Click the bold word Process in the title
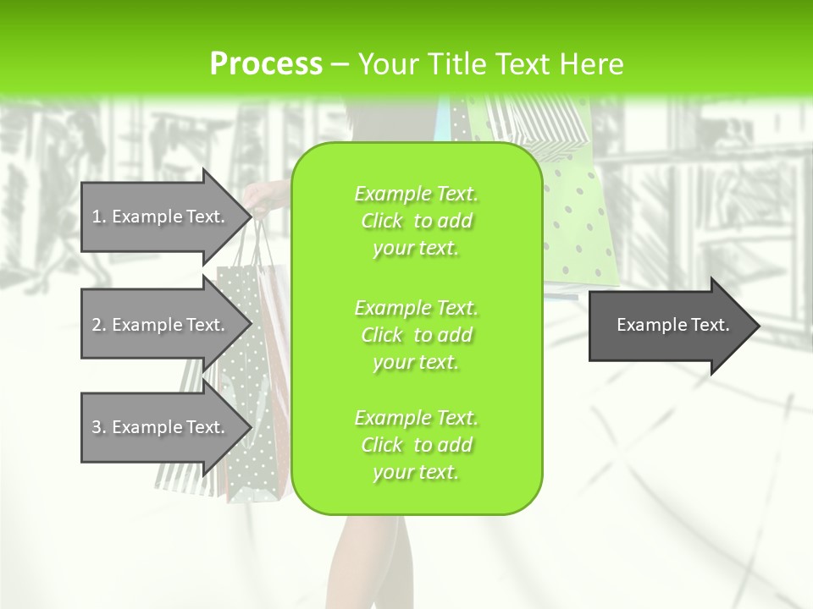(266, 63)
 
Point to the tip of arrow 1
(250, 217)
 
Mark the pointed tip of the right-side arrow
(758, 325)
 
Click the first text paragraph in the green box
(417, 221)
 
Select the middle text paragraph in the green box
(417, 335)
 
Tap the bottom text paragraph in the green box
(417, 445)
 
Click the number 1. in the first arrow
(99, 217)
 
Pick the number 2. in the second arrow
(99, 325)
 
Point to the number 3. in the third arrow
(99, 427)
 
